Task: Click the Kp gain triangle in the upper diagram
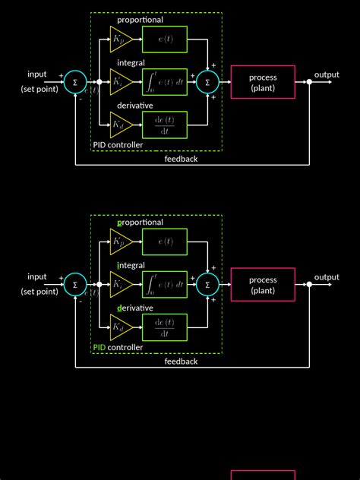[120, 39]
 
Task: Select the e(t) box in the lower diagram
[165, 242]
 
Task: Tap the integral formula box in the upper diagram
[165, 81]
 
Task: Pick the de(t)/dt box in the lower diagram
[165, 327]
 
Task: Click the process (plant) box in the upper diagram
[263, 82]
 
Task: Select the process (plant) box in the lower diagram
[263, 285]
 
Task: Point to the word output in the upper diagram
[327, 74]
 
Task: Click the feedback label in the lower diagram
[181, 362]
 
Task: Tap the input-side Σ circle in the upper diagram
[74, 82]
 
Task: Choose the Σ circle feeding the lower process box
[207, 285]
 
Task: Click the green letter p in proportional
[120, 223]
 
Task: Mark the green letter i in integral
[118, 265]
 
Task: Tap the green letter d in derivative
[120, 308]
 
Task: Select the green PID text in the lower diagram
[99, 347]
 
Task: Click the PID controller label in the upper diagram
[118, 144]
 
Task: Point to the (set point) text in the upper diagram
[39, 89]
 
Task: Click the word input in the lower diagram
[37, 276]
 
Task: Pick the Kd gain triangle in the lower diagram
[120, 327]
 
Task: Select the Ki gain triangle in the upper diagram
[120, 81]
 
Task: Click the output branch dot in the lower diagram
[309, 285]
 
